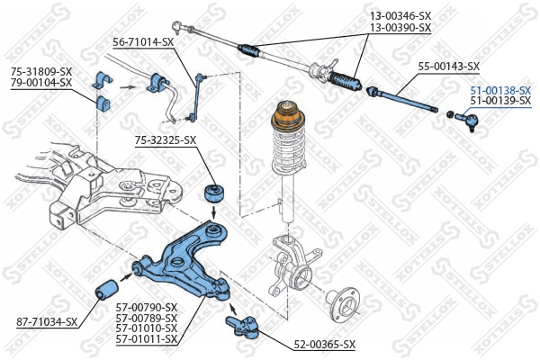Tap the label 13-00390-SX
[400, 28]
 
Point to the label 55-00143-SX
[448, 67]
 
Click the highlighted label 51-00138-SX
[500, 91]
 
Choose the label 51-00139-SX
[500, 102]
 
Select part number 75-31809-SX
[40, 72]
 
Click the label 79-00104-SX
[40, 83]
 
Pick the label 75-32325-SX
[166, 139]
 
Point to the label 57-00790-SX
[147, 307]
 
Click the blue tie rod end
[470, 117]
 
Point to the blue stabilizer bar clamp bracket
[102, 94]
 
